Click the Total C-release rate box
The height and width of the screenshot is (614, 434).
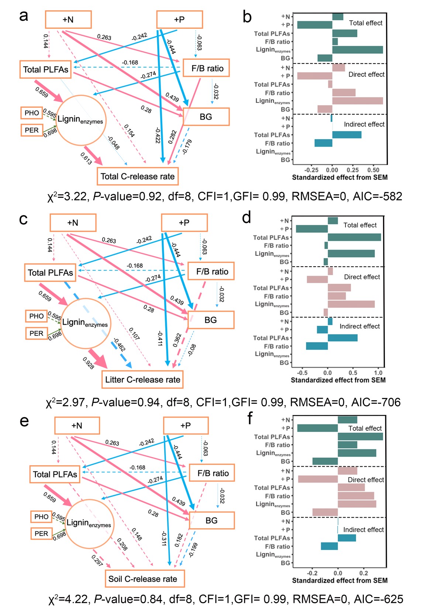[x=138, y=176]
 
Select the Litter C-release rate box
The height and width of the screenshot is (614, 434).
[x=142, y=380]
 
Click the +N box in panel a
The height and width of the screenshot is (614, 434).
[x=68, y=20]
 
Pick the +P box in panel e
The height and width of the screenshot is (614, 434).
[x=186, y=426]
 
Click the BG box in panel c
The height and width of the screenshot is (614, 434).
[x=211, y=320]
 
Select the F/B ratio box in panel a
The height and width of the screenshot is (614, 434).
[x=207, y=68]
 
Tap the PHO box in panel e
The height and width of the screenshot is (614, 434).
[x=41, y=517]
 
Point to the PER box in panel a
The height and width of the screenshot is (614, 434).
[x=32, y=130]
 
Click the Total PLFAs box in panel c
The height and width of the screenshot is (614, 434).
[x=51, y=273]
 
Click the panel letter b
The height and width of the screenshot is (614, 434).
[x=247, y=17]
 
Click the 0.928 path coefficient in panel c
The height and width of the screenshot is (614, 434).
[x=89, y=363]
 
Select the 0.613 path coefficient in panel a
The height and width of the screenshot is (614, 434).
[x=86, y=158]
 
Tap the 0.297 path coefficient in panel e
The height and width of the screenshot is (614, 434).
[x=97, y=561]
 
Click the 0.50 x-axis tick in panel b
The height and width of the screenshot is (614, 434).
[x=373, y=170]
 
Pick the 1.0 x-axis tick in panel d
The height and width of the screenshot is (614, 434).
[x=379, y=373]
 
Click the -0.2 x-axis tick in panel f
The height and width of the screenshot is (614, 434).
[x=312, y=573]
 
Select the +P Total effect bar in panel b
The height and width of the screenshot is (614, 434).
[x=314, y=25]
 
